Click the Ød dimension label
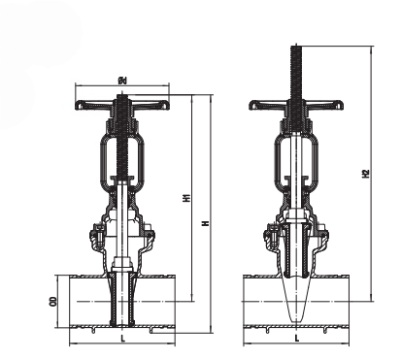[122, 81]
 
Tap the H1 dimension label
[185, 198]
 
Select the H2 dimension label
[366, 174]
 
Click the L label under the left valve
[122, 339]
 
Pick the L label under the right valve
[297, 339]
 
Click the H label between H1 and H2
[205, 223]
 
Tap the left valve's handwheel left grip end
[80, 106]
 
